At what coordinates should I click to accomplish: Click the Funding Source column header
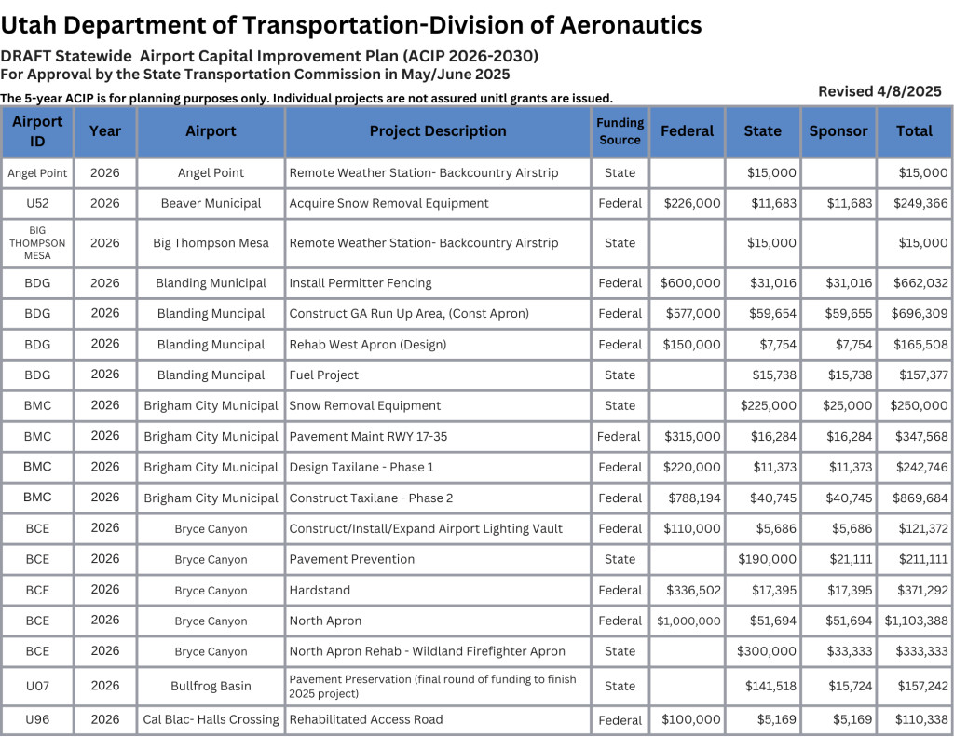point(620,131)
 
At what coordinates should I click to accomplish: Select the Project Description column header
point(438,131)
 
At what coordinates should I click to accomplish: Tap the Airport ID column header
point(37,131)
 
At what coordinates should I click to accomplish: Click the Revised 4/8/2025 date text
point(879,91)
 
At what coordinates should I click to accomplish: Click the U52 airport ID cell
point(37,203)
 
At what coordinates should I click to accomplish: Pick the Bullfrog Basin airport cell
point(211,687)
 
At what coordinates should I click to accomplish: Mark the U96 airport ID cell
point(37,719)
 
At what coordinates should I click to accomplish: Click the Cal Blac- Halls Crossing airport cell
point(211,720)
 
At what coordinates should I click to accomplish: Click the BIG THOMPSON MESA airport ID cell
point(37,243)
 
